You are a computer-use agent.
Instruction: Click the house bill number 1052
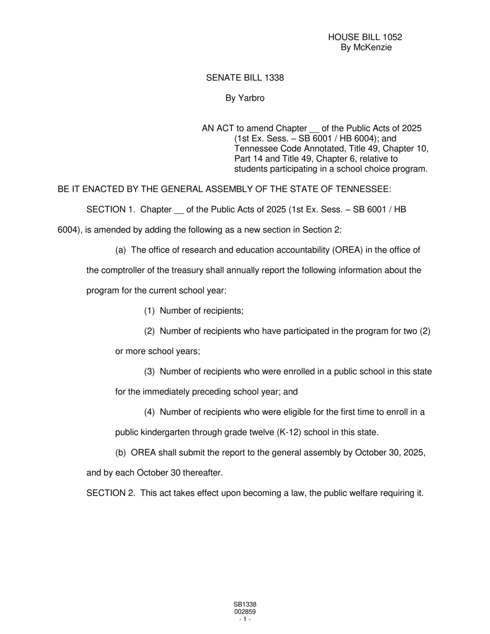coord(392,37)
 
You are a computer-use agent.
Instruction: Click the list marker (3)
coord(150,372)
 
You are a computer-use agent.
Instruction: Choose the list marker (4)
coord(150,412)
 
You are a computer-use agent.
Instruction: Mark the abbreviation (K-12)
coord(289,433)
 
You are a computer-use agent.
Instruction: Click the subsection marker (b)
coord(121,453)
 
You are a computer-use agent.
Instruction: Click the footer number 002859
coord(245,612)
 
